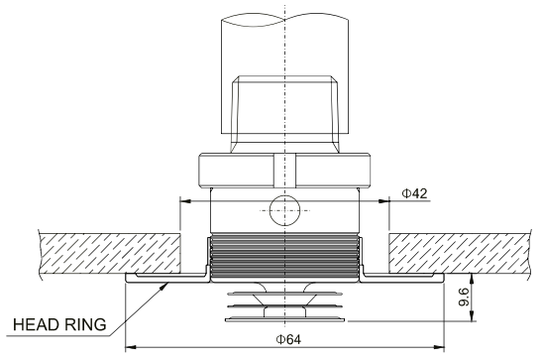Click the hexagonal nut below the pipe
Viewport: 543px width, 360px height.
284,109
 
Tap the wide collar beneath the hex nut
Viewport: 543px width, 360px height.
284,171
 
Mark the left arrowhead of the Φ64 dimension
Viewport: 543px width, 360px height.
129,347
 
